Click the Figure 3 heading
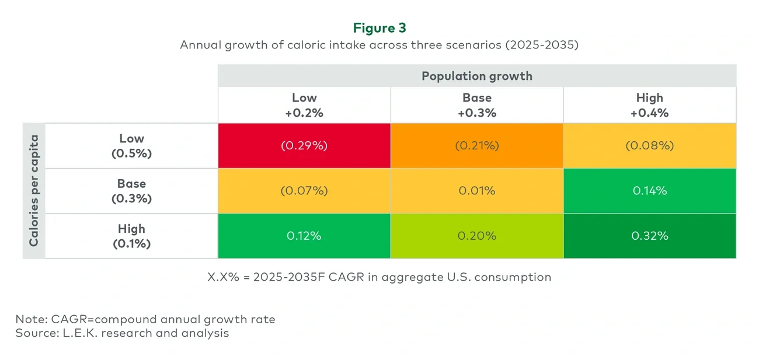[379, 28]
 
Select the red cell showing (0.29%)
[304, 146]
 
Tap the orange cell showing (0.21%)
[477, 146]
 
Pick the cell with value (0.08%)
[649, 146]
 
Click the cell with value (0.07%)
[304, 191]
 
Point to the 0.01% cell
[477, 191]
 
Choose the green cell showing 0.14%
[649, 191]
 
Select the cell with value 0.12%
[304, 236]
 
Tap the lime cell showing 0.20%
[477, 236]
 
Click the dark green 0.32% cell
[649, 236]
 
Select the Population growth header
[476, 76]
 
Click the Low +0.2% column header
[304, 105]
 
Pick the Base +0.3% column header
[477, 105]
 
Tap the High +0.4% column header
[649, 105]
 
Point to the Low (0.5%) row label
[131, 146]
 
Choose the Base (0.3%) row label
[131, 191]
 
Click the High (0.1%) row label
[131, 236]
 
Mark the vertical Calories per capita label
[34, 191]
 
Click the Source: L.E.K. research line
[122, 333]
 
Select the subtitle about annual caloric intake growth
[379, 45]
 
